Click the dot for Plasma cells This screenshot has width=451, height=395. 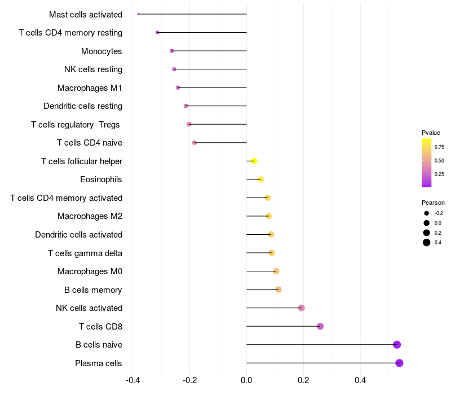(x=399, y=363)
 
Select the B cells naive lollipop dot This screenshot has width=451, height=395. (x=397, y=345)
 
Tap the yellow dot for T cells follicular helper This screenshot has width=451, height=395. (x=254, y=161)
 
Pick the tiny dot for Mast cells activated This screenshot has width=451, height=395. (x=138, y=14)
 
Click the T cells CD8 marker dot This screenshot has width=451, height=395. (x=320, y=326)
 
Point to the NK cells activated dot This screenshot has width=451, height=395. (x=302, y=308)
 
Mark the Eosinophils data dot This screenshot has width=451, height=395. (x=260, y=179)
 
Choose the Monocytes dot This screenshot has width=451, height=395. (x=172, y=51)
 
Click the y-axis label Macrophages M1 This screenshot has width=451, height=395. (x=90, y=88)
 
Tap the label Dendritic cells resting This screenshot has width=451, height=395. (x=83, y=106)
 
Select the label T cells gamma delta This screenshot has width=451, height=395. (x=85, y=253)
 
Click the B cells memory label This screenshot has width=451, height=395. (x=93, y=290)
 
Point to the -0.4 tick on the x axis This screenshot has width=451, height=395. (x=132, y=380)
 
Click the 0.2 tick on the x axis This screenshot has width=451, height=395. (x=303, y=380)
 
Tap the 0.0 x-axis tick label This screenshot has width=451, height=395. (x=246, y=380)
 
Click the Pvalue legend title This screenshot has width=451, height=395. (x=431, y=133)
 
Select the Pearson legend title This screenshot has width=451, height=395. (x=433, y=203)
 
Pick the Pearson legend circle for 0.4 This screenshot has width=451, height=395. (x=427, y=243)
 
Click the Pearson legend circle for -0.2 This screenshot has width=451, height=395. (x=427, y=213)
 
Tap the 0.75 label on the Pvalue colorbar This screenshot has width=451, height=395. (x=439, y=147)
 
